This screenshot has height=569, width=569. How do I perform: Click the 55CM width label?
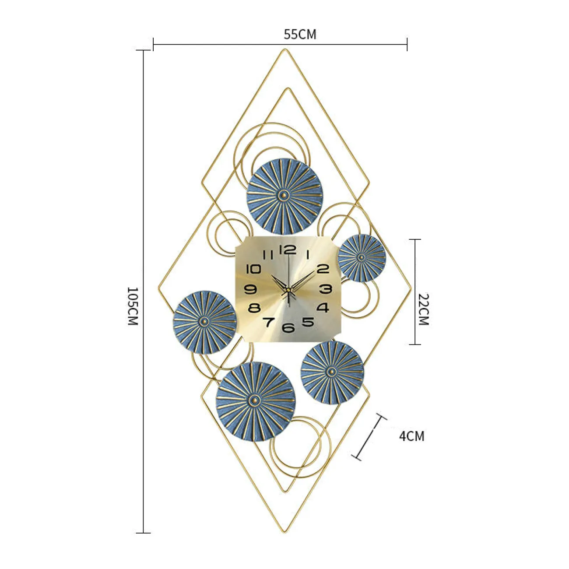300,35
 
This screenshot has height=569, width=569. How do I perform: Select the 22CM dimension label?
424,309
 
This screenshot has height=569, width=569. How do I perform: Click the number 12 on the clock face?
287,250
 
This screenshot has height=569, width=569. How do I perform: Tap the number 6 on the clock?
288,327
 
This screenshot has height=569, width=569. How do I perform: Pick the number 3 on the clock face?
326,288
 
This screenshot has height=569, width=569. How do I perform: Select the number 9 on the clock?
251,288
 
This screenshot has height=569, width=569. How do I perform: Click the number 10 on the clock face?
254,269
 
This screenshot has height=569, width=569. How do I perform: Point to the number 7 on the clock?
269,322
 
